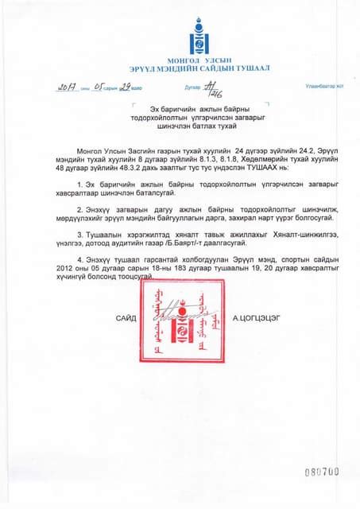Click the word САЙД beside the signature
[126, 318]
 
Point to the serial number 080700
[322, 472]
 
